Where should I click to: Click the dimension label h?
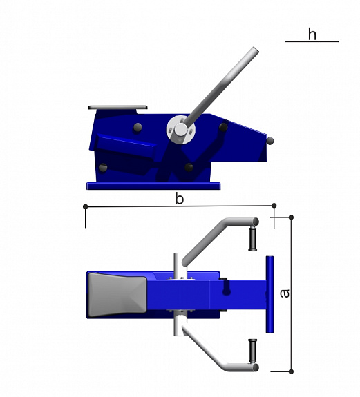tap(312, 34)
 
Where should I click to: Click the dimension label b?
tap(180, 199)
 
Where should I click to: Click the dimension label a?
tap(285, 293)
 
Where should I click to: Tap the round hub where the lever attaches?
tap(181, 130)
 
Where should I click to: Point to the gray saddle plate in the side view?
tap(117, 107)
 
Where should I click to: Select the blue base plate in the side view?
tap(153, 186)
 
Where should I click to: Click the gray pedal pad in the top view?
tap(117, 296)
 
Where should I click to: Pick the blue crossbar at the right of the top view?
tap(269, 294)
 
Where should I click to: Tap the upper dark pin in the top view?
tap(253, 238)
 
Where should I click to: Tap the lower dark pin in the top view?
tap(253, 351)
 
